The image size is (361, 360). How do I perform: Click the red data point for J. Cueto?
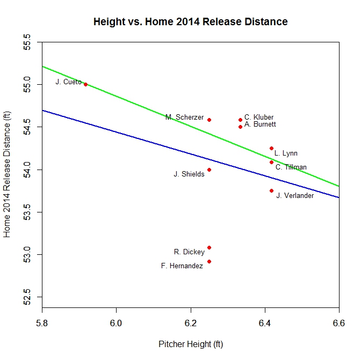click(x=85, y=84)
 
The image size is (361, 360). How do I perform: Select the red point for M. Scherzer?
click(x=209, y=120)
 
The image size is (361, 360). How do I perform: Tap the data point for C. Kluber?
click(x=240, y=120)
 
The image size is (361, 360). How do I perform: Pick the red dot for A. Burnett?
click(x=240, y=127)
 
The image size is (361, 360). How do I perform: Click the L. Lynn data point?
click(x=271, y=148)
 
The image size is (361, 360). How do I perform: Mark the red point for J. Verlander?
click(x=271, y=190)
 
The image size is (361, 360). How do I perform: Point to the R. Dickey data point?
click(x=209, y=247)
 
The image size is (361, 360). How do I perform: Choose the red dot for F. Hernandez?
click(x=209, y=261)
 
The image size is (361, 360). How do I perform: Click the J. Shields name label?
click(x=189, y=174)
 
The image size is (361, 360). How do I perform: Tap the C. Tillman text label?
click(x=291, y=167)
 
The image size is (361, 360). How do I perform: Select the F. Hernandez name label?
click(x=182, y=266)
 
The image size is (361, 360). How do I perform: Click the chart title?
click(x=190, y=22)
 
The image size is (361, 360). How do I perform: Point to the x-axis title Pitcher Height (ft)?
click(x=190, y=343)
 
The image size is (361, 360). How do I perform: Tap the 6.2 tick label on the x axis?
click(x=191, y=322)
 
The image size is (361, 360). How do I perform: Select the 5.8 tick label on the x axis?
click(x=42, y=322)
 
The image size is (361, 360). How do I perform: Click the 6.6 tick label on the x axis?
click(x=339, y=322)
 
